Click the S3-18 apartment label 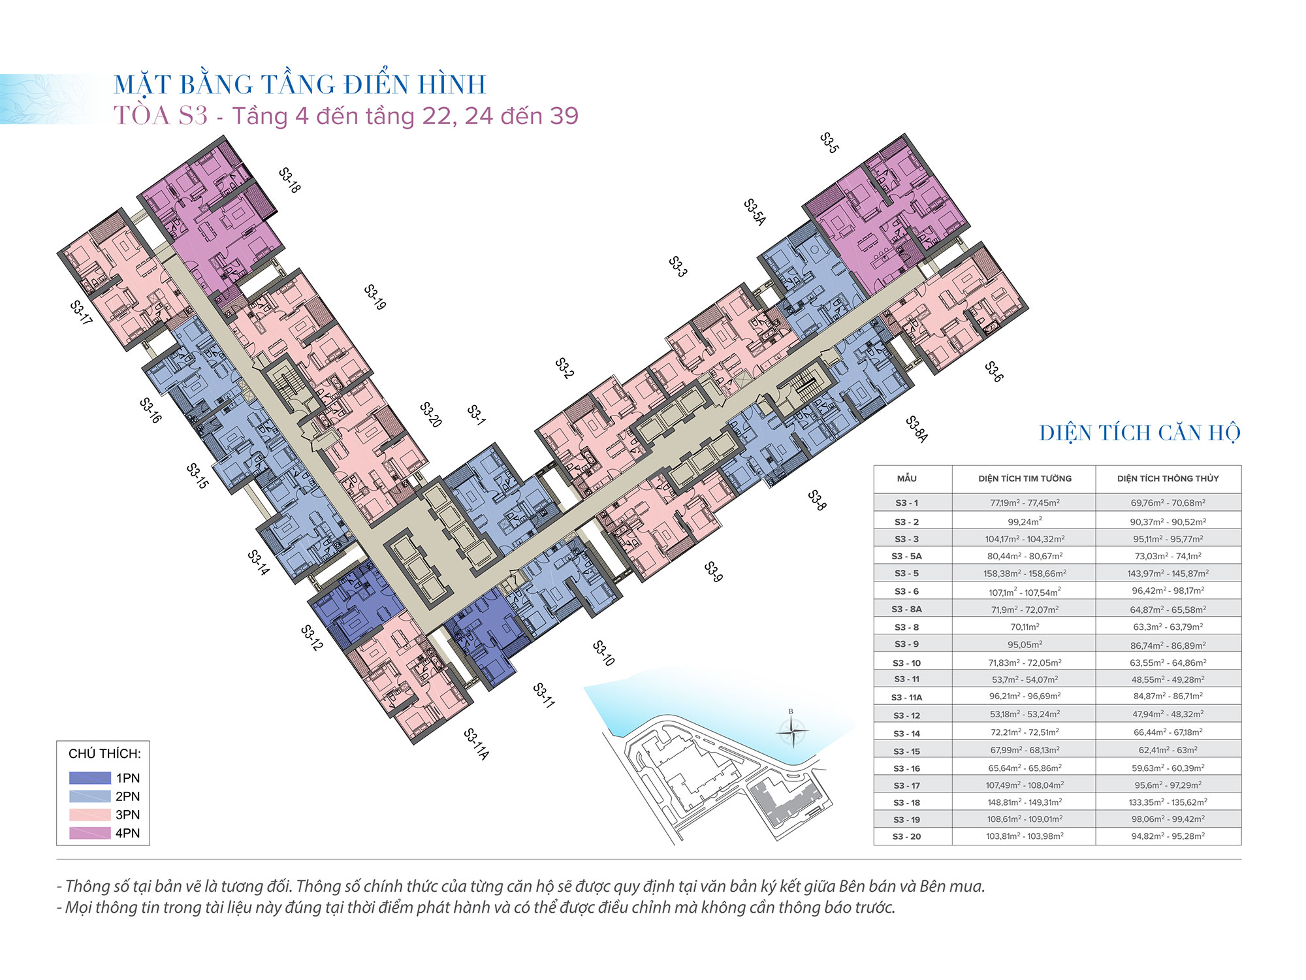[289, 180]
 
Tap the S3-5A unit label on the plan [755, 212]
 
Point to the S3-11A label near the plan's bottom [476, 744]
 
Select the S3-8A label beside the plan [917, 429]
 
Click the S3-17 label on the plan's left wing [81, 313]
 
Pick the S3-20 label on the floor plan [431, 415]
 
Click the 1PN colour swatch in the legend [90, 778]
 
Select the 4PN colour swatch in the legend [90, 833]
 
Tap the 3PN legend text [128, 815]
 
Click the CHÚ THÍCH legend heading [104, 753]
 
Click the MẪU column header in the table [906, 478]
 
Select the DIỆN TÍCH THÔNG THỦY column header [1168, 478]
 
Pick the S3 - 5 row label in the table [906, 573]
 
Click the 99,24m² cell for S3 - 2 [1025, 521]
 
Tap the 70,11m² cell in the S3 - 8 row [1025, 627]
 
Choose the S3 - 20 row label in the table [906, 836]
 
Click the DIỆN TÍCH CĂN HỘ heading [1139, 433]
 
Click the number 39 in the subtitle [564, 116]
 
